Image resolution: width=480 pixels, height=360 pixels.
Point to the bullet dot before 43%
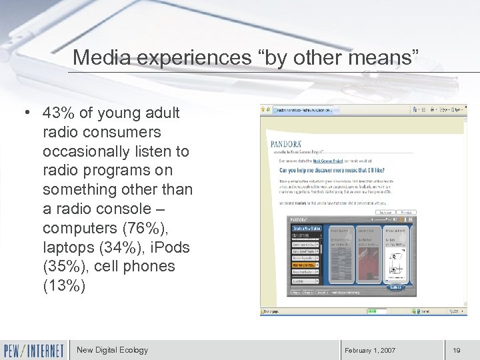coord(25,113)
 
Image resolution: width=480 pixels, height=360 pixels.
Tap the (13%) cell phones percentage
coord(64,285)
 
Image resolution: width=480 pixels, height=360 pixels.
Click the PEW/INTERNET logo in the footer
coord(34,350)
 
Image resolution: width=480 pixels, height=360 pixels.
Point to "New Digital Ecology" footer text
coord(112,350)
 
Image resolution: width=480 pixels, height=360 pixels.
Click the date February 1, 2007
coord(370,351)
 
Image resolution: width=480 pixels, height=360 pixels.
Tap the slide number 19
coord(457,351)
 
